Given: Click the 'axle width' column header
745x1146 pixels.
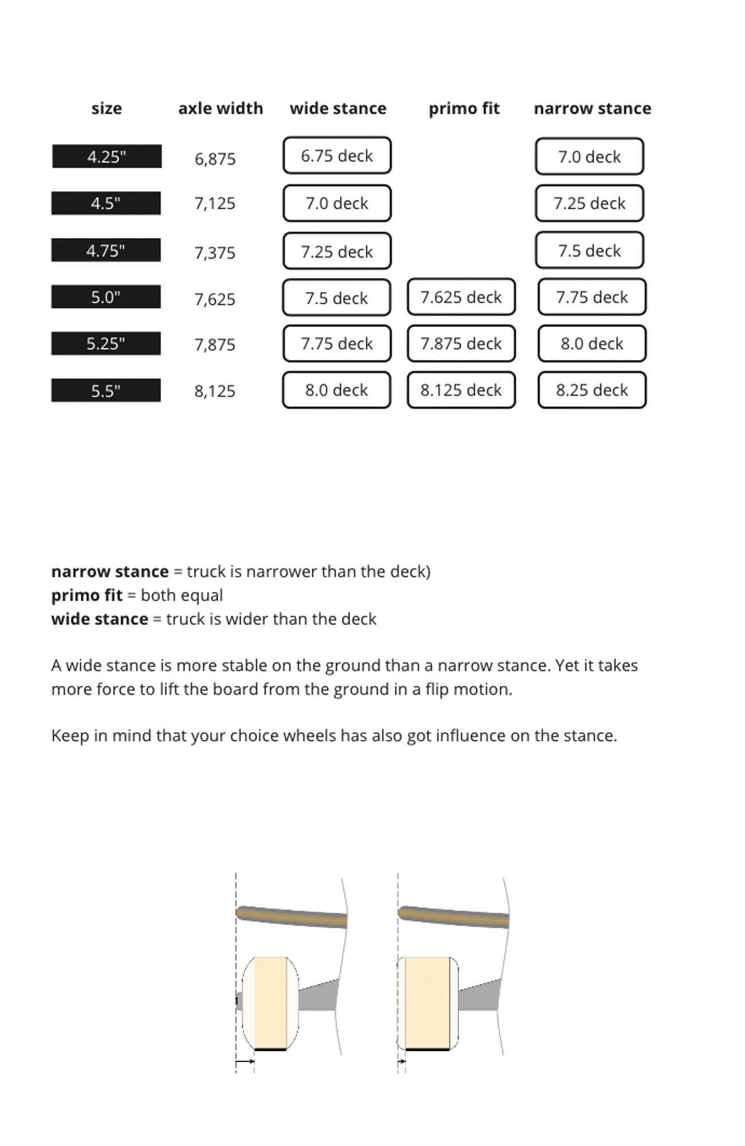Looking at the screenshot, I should pos(221,108).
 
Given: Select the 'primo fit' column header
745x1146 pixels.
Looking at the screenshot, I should pos(464,108).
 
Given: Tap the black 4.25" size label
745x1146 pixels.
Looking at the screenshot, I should pos(107,156).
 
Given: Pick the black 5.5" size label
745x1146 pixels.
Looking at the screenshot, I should pos(106,390).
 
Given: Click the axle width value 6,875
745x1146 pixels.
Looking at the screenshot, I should pos(215,159).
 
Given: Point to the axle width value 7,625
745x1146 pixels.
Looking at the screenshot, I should pos(215,299).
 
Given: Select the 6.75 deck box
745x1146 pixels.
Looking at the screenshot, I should pos(337,155).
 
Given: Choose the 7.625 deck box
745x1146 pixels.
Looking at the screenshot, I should pos(461,297).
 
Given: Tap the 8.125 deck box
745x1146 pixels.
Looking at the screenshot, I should pos(461,390).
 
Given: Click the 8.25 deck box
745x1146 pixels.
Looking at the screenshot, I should pos(592,390).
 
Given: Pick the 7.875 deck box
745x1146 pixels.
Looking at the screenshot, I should pos(461,344).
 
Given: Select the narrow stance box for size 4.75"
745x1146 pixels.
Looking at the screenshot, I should pos(590,250).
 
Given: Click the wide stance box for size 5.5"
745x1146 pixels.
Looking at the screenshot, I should pos(336,390).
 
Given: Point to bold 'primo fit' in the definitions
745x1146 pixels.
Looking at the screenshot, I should pos(87,595).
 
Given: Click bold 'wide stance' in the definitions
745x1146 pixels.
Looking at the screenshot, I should pos(100,619).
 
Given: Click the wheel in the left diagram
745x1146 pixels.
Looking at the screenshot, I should pos(270,1002).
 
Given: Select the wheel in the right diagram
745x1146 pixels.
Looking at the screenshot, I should pos(428,1002).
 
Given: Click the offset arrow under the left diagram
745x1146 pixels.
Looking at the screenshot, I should pos(245,1061).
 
